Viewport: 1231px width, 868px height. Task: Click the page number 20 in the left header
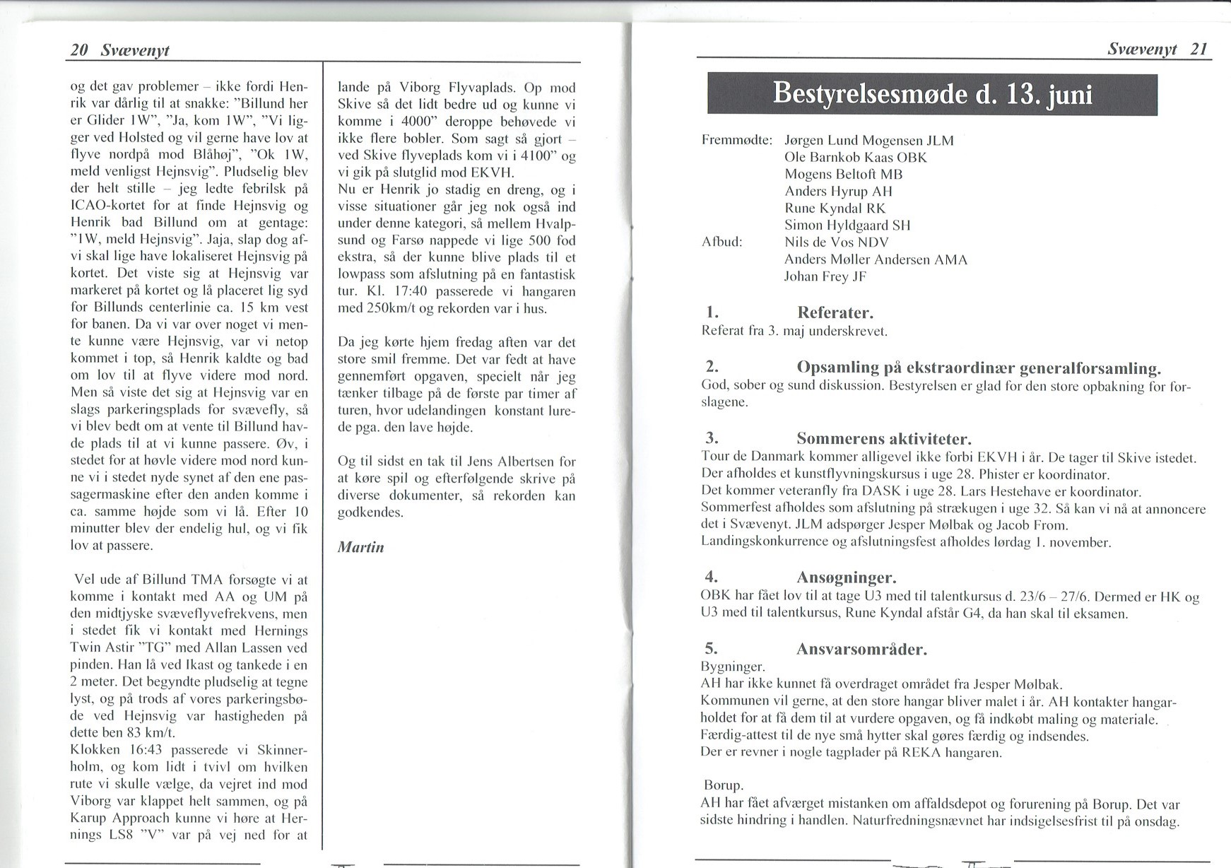click(x=78, y=50)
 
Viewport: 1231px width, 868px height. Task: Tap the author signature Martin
click(x=360, y=546)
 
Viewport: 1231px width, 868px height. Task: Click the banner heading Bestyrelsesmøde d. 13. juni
click(x=932, y=94)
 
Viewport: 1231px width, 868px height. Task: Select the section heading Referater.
click(x=835, y=312)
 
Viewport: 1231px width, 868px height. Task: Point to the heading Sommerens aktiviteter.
click(x=883, y=438)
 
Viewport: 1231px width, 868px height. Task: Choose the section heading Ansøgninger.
click(x=846, y=577)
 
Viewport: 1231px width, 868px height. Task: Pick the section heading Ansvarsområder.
click(x=861, y=648)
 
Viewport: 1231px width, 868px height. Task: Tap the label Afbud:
click(x=722, y=242)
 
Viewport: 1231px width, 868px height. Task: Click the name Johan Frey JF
click(x=825, y=276)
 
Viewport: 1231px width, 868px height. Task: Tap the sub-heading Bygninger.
click(x=733, y=667)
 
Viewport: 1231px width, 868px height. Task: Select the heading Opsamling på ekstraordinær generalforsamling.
click(x=979, y=368)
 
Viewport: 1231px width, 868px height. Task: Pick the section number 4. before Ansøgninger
click(x=712, y=577)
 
